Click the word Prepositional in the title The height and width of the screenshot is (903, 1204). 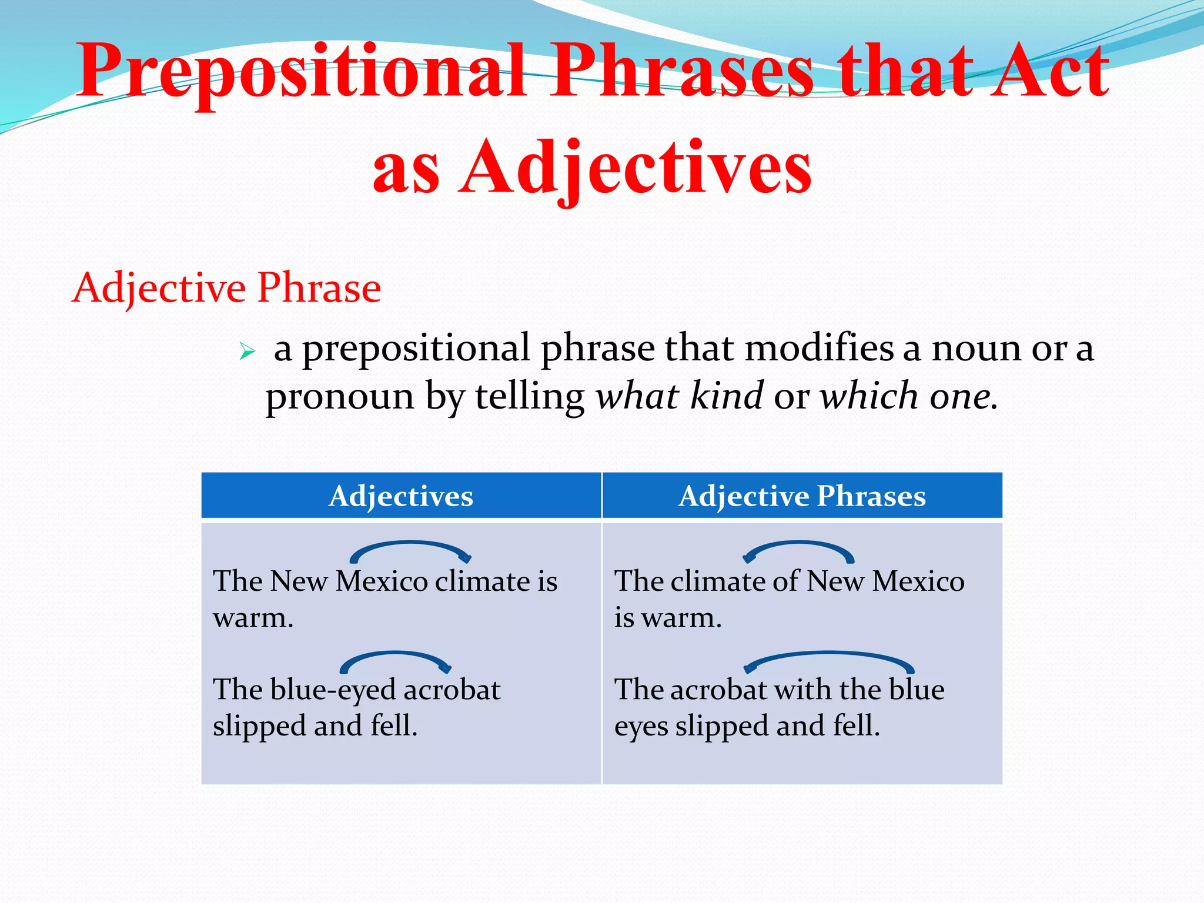click(300, 72)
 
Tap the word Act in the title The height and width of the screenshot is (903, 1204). click(1049, 72)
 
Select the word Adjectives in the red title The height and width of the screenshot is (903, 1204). click(635, 168)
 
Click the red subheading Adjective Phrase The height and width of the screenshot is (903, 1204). click(226, 288)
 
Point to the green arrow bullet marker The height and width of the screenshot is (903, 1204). click(247, 352)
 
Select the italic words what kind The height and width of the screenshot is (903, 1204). click(679, 396)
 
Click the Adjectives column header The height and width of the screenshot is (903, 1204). click(401, 496)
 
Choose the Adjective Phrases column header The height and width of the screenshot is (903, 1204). click(802, 496)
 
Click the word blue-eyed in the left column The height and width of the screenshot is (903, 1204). click(333, 690)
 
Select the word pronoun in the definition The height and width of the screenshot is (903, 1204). click(340, 397)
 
